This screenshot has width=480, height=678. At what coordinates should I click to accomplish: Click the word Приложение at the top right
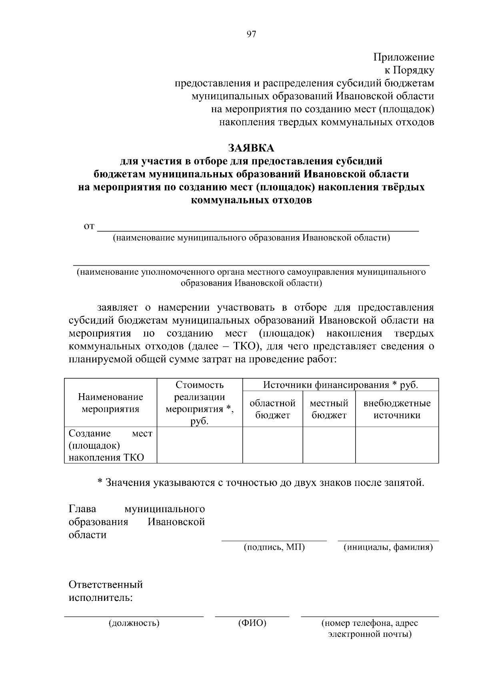404,57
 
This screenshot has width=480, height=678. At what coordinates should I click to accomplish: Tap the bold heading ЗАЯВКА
251,148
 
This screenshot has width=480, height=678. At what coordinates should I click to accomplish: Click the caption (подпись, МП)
274,547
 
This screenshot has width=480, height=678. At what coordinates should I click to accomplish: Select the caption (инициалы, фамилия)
388,547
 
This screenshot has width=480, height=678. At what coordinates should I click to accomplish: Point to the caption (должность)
134,623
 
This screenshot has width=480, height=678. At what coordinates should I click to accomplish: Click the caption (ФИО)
252,623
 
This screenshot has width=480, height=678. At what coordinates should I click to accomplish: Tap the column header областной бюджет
272,409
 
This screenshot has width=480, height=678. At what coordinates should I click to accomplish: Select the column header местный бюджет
329,409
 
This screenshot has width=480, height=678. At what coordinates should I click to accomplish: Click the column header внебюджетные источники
397,409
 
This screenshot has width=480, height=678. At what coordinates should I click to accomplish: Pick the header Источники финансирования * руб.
340,385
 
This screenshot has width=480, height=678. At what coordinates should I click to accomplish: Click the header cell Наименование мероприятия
110,403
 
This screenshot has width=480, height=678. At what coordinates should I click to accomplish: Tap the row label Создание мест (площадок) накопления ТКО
110,445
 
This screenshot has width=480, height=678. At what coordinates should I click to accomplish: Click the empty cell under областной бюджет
272,445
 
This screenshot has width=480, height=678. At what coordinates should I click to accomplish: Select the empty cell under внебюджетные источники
397,445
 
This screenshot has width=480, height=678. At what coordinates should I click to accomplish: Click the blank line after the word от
258,230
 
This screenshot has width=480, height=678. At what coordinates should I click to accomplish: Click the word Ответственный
106,585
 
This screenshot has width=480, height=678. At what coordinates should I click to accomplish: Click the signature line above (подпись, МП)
274,540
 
